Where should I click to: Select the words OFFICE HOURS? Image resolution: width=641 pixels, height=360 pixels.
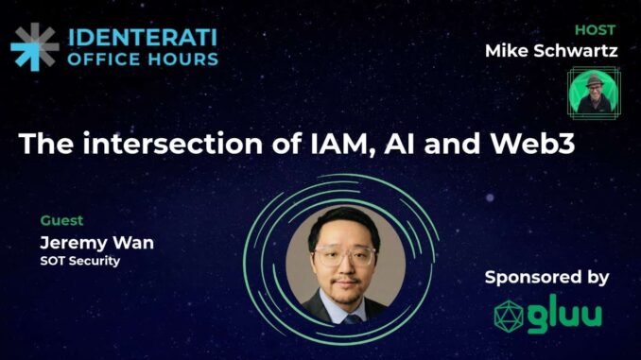(x=142, y=59)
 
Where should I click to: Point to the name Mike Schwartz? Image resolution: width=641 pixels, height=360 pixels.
(x=551, y=50)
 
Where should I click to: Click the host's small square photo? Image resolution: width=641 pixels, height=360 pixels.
(x=587, y=91)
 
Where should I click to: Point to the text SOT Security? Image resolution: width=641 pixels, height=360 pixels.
(x=80, y=261)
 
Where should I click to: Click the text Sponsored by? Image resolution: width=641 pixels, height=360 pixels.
(x=546, y=278)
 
